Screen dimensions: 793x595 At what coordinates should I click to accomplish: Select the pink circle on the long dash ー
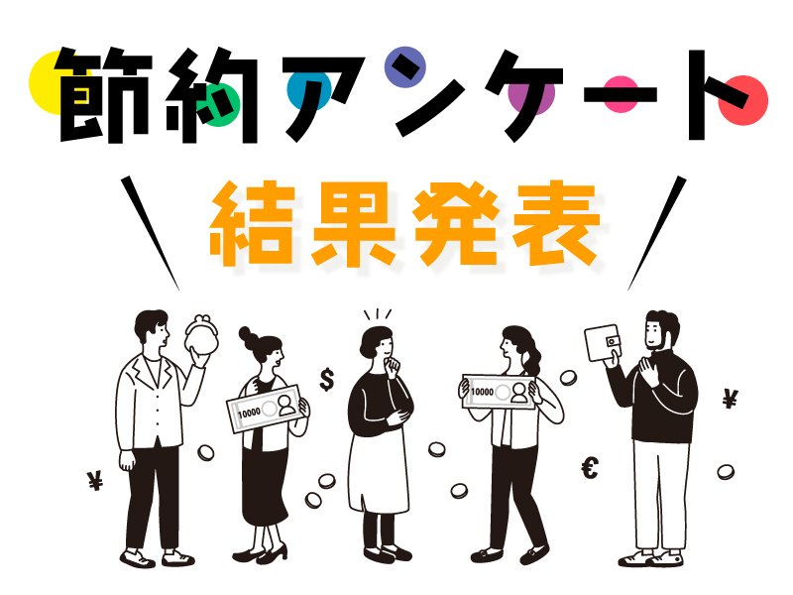point(621,94)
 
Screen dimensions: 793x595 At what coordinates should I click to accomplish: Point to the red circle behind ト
point(742,100)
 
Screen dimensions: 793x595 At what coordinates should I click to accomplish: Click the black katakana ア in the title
point(324,97)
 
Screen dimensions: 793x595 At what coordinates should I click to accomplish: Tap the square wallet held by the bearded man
point(603,343)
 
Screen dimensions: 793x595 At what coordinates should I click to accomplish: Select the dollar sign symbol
point(327,380)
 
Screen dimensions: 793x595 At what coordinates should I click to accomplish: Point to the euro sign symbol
point(590,467)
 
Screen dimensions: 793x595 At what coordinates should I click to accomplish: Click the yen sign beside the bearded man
point(730,399)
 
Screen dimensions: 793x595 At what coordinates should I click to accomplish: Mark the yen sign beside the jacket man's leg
point(94,480)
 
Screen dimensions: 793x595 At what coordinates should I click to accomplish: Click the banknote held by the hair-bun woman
point(267,409)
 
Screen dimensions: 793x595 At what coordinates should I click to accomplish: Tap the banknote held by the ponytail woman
point(499,392)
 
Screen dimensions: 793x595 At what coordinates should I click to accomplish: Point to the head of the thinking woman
point(377,343)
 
